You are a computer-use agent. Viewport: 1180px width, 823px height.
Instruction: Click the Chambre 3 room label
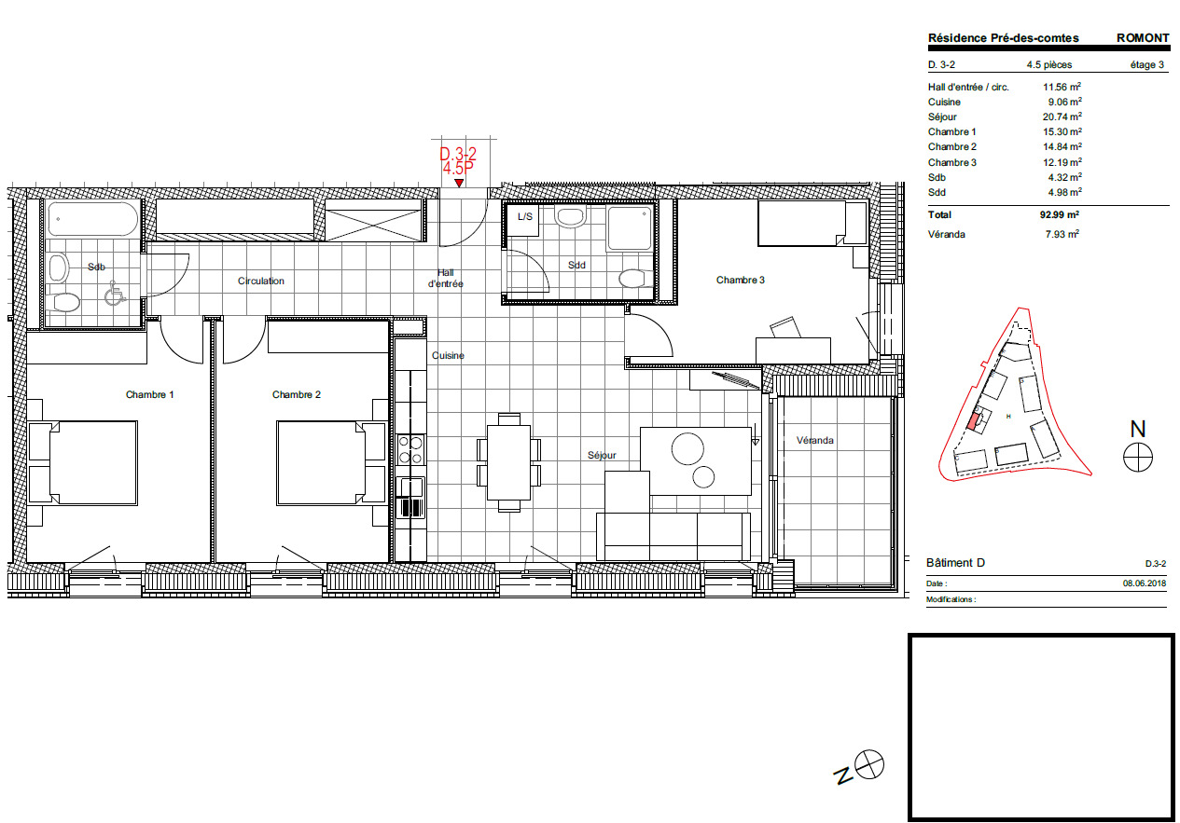click(x=740, y=280)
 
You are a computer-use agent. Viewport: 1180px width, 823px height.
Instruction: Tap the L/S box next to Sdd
click(x=525, y=216)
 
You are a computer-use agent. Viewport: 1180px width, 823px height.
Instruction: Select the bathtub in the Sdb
click(x=92, y=220)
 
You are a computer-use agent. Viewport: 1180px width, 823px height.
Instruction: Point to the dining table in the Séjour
click(x=508, y=461)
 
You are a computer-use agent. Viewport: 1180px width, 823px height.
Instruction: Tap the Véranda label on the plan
click(x=814, y=440)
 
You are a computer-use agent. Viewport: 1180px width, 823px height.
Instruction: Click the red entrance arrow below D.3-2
click(x=458, y=184)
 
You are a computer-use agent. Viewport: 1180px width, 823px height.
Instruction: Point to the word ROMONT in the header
click(x=1142, y=38)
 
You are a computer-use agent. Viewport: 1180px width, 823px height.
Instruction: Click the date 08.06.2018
click(x=1145, y=583)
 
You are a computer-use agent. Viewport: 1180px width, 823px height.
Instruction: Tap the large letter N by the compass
click(x=1137, y=429)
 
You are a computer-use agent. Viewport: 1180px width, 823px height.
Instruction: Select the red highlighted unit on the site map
click(x=974, y=421)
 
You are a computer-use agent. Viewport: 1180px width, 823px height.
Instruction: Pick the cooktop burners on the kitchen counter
click(x=410, y=451)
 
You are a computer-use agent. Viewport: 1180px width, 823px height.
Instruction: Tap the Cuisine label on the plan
click(x=448, y=356)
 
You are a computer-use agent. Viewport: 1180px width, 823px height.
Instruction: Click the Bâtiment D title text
click(x=955, y=563)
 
